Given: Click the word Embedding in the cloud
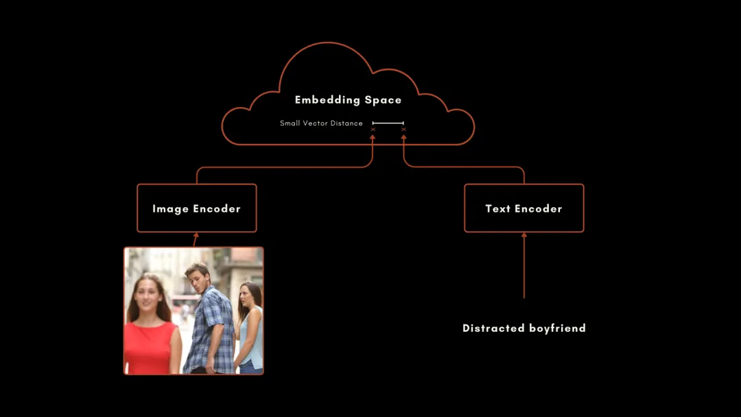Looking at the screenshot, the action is [x=327, y=100].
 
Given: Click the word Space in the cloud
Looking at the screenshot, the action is [x=383, y=100].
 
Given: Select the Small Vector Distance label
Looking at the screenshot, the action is [x=321, y=123].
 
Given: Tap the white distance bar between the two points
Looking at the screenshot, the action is [x=388, y=123].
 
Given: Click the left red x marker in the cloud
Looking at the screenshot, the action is [x=373, y=130].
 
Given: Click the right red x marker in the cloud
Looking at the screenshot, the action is [x=403, y=130].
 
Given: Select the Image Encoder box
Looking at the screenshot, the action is [x=197, y=208].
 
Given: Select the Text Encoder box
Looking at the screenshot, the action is [x=524, y=208].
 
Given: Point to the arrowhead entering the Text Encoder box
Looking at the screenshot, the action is [x=524, y=235].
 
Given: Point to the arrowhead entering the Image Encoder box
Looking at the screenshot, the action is [x=196, y=235].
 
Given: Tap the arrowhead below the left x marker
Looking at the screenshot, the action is [x=373, y=137].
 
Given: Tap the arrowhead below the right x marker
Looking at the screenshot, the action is [x=403, y=137].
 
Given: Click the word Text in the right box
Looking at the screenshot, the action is [x=497, y=208].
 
